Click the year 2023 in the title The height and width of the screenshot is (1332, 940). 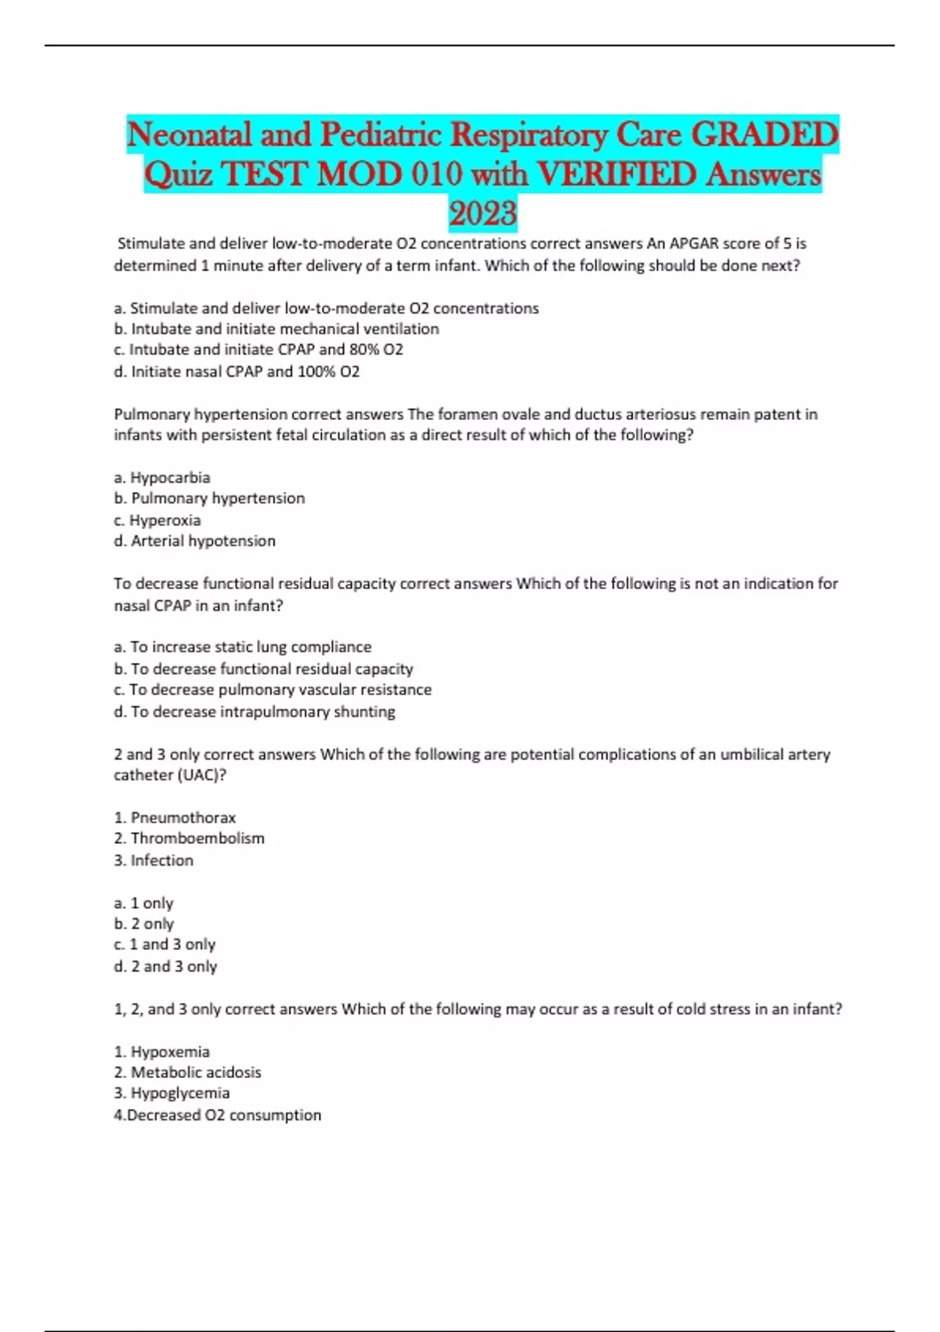coord(483,213)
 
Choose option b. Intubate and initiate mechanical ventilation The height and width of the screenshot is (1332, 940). coord(277,329)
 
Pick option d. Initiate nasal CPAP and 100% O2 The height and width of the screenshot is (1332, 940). coord(237,371)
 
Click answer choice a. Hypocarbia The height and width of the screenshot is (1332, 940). coord(162,477)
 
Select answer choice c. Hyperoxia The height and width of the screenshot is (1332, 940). coord(157,520)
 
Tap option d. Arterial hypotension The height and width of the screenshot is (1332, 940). coord(194,541)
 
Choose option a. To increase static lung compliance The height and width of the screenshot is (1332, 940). coord(243,647)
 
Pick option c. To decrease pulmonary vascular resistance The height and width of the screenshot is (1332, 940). coord(273,690)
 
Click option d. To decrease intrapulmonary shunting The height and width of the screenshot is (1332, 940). coord(255,711)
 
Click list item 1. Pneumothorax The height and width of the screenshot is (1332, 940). coord(175,818)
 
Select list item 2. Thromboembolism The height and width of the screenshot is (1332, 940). coord(189,838)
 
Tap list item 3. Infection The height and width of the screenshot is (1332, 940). coord(154,860)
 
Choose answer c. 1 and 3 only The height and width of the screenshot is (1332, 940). coord(164,945)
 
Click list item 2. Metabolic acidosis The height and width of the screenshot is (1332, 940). coord(187,1073)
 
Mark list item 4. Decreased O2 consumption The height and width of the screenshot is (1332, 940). coord(218,1115)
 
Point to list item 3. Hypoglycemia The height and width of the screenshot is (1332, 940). coord(172,1093)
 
